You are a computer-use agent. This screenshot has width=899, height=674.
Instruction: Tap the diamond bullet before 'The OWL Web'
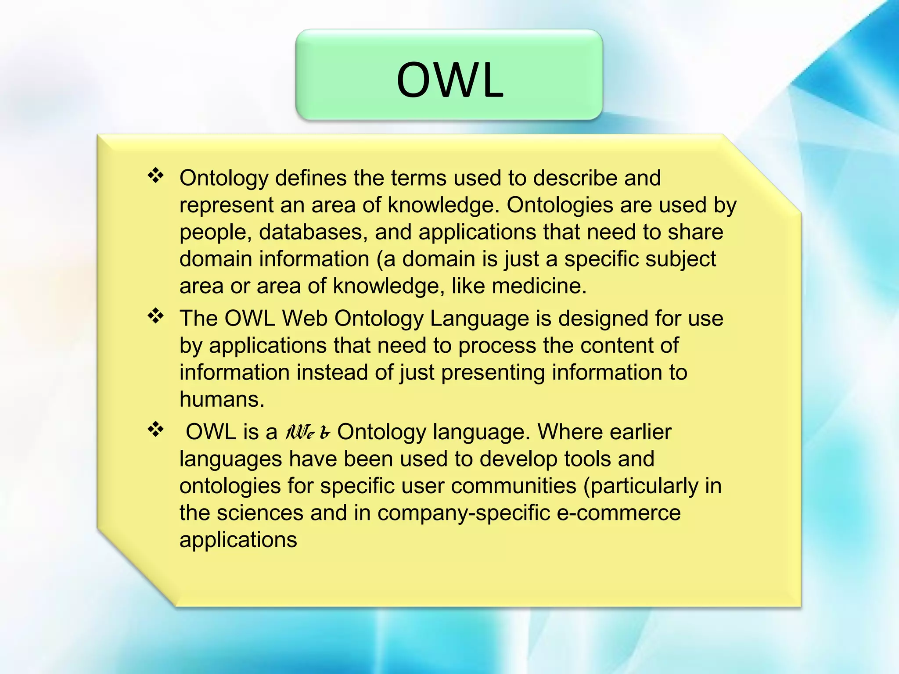click(x=155, y=315)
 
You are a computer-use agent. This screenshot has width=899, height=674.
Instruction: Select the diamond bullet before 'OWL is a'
click(x=155, y=429)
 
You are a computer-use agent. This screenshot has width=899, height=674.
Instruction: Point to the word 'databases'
click(x=313, y=232)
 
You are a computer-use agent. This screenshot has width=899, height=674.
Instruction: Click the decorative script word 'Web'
click(x=307, y=432)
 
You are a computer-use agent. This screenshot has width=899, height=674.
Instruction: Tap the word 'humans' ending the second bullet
click(x=222, y=399)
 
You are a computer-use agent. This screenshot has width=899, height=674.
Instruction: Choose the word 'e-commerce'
click(x=619, y=513)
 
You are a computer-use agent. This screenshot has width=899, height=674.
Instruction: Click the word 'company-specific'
click(x=464, y=513)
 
